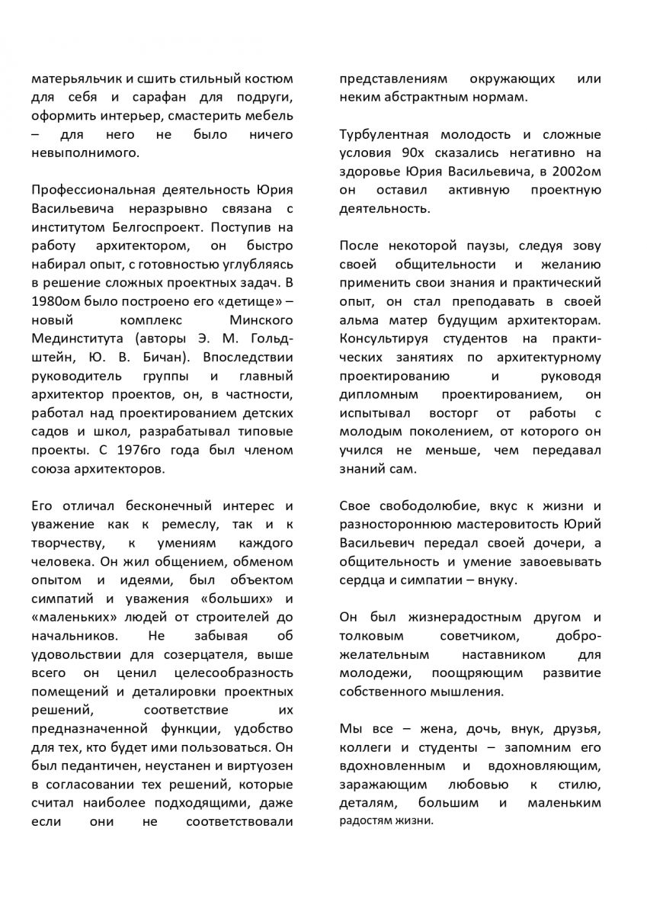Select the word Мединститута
click(x=70, y=337)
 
